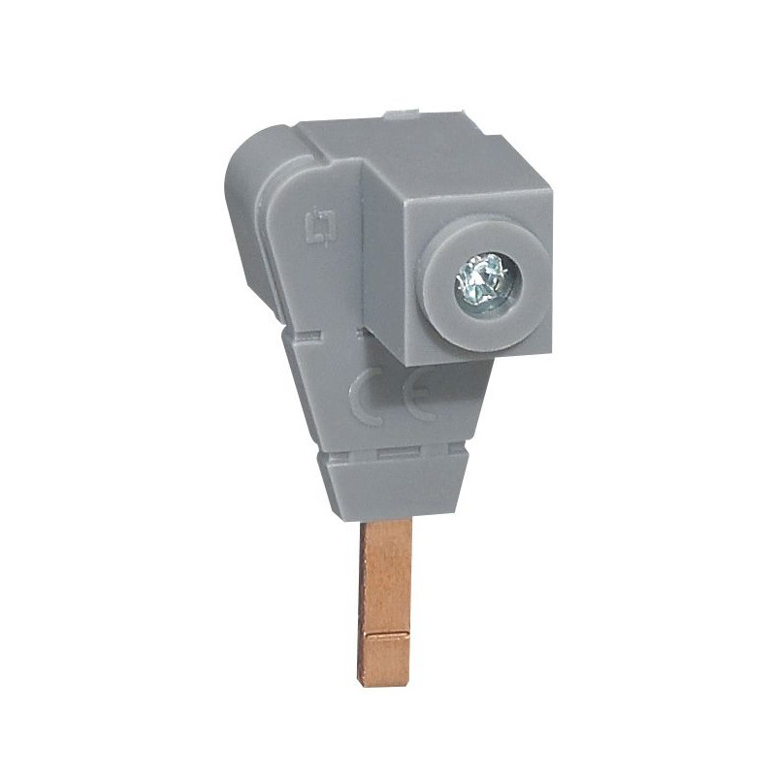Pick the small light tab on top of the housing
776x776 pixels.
point(400,114)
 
